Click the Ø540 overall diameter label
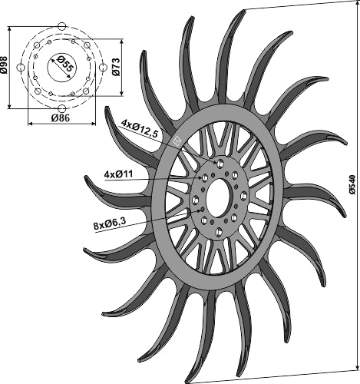[x=352, y=185]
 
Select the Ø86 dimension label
[x=59, y=119]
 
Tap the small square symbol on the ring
[x=176, y=141]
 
